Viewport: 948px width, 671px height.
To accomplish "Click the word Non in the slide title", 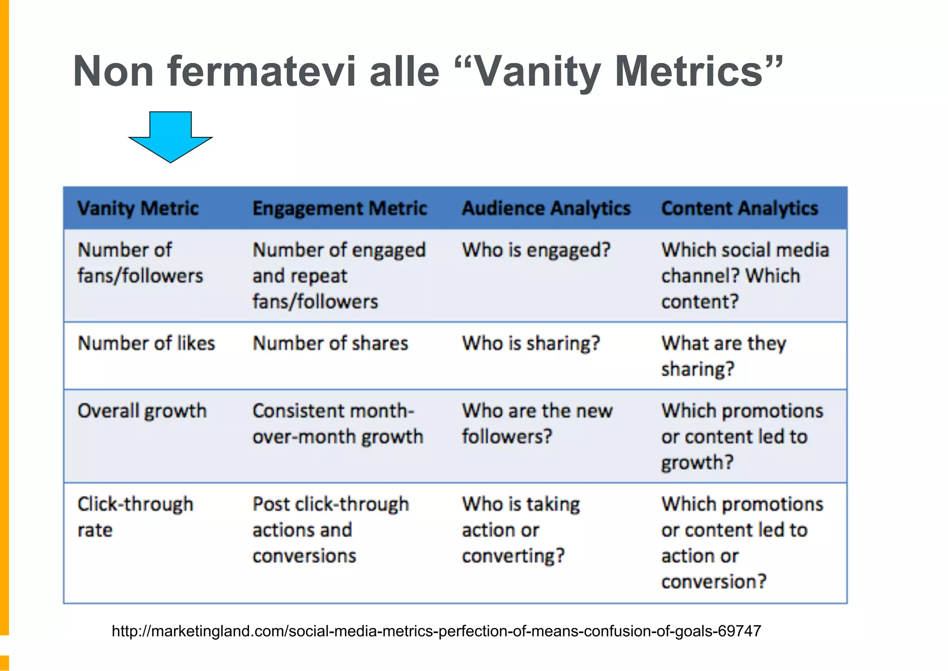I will (x=113, y=71).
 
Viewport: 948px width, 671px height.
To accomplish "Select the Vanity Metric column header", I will (x=138, y=208).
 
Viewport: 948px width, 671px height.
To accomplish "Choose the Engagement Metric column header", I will (x=340, y=208).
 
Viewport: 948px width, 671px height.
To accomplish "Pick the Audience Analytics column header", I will (x=546, y=208).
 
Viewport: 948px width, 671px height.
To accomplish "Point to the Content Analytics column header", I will (x=739, y=208).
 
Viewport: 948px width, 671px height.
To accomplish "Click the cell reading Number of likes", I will (x=146, y=344).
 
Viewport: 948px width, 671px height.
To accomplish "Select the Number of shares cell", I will (x=331, y=344).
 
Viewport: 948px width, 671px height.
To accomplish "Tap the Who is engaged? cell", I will (x=536, y=250).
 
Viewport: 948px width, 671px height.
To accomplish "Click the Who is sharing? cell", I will (x=531, y=344).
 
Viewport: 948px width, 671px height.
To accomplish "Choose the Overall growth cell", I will (x=142, y=411).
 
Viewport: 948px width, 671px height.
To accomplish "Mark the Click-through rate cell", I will (x=135, y=517).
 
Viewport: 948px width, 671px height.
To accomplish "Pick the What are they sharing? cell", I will (x=723, y=356).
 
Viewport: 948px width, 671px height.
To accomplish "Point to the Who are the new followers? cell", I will (x=537, y=424).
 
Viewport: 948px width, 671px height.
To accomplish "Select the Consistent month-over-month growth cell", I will (x=338, y=424).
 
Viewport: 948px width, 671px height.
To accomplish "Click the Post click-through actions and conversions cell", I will (x=331, y=530).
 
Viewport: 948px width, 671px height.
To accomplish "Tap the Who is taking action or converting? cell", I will (x=521, y=530).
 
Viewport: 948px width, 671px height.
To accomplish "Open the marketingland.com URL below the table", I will (x=436, y=631).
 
